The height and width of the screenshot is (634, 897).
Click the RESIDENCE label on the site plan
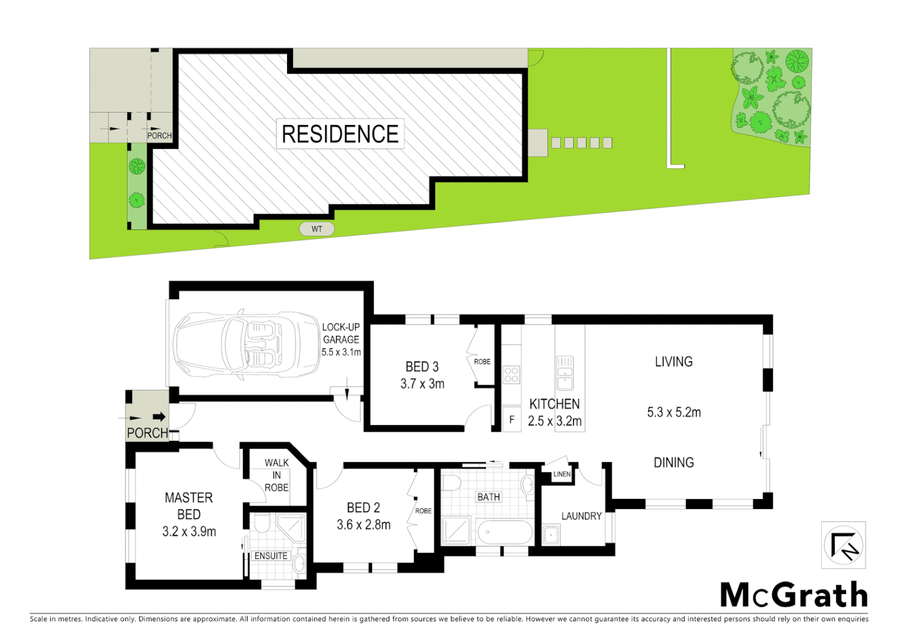340,134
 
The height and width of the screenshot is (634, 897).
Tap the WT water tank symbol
317,229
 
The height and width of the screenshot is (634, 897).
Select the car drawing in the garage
247,341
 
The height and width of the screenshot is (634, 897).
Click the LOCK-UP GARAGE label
340,333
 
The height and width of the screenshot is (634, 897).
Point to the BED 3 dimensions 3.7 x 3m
422,384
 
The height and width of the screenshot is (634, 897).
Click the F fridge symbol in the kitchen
512,420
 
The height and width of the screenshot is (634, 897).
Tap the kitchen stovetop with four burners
511,375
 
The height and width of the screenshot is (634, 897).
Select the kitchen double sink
565,373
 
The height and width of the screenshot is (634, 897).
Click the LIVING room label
673,362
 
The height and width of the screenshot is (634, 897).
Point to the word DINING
673,463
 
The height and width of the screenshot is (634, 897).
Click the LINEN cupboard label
562,474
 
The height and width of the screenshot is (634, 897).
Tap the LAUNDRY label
581,516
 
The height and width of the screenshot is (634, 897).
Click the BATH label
488,497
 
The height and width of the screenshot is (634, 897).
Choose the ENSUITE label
271,555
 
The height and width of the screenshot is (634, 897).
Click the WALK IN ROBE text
276,475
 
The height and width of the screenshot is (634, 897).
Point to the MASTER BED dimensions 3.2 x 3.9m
189,532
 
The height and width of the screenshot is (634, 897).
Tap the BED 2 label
363,508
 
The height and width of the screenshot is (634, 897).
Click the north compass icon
844,545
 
